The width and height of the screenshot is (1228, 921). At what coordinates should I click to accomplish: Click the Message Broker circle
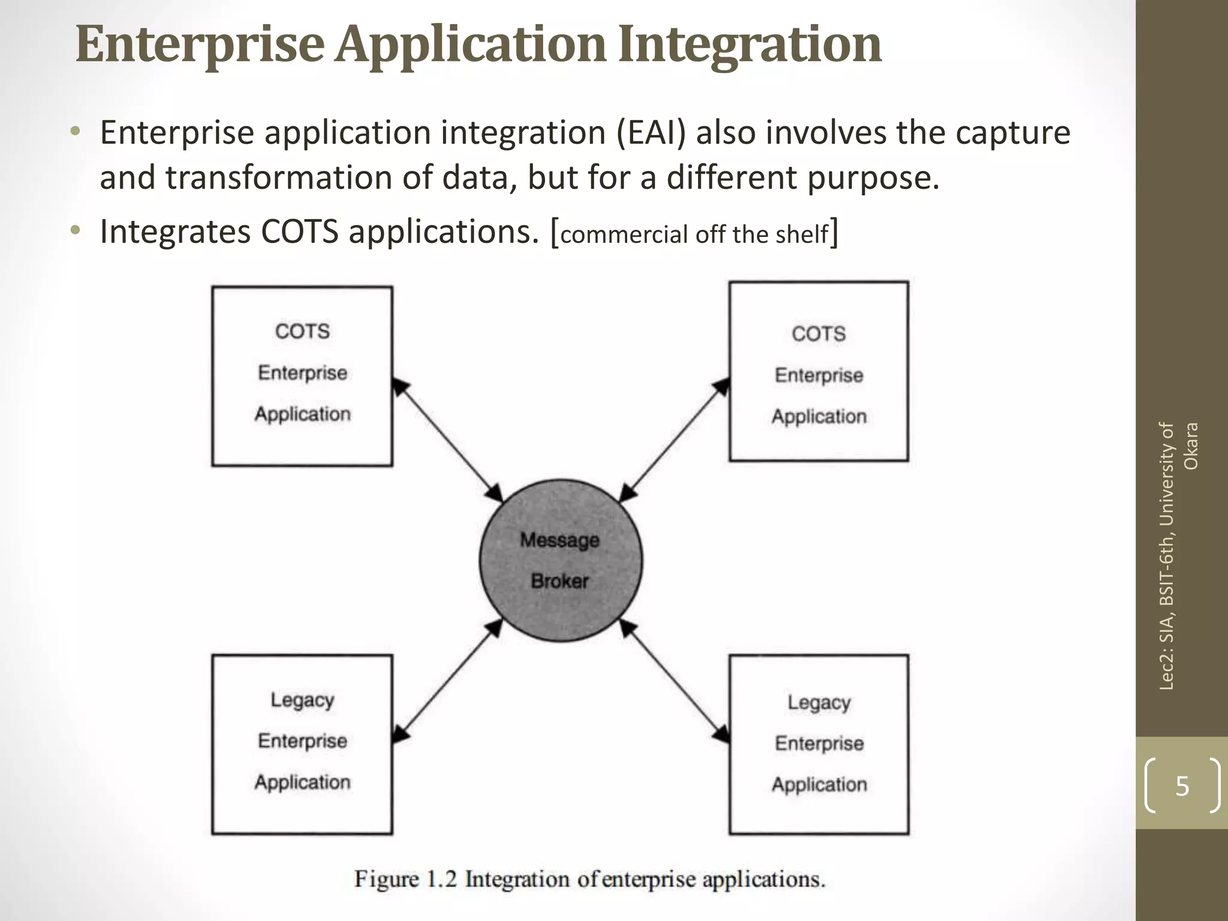[x=561, y=561]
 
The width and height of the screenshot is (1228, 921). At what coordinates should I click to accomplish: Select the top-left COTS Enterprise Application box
[x=302, y=376]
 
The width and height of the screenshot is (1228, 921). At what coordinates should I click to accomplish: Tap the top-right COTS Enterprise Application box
[x=818, y=372]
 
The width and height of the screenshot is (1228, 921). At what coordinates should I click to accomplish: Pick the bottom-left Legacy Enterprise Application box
[x=302, y=744]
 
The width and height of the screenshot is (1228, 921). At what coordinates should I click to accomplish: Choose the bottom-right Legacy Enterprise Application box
[x=818, y=744]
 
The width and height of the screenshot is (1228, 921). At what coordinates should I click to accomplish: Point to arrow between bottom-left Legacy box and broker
[x=448, y=682]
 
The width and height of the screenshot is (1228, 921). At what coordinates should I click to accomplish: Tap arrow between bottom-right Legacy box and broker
[x=674, y=682]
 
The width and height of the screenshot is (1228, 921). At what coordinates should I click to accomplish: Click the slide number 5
[x=1182, y=785]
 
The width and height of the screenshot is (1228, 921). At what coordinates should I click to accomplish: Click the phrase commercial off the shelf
[x=694, y=234]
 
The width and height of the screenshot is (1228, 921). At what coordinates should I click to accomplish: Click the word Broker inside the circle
[x=560, y=580]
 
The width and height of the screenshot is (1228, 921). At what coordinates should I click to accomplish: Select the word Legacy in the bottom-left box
[x=302, y=700]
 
